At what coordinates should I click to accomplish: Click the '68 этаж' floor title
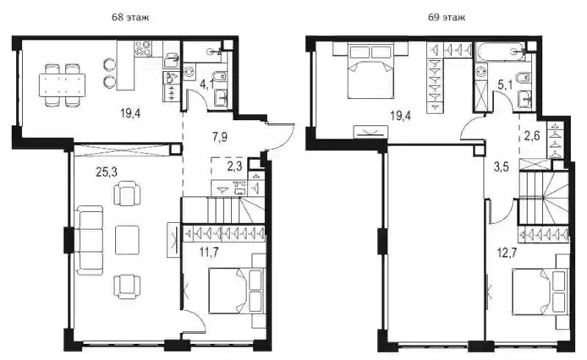[x=131, y=17]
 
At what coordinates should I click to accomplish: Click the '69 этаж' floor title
[x=447, y=17]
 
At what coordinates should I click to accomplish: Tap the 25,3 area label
[x=106, y=172]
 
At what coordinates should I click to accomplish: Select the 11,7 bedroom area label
[x=209, y=252]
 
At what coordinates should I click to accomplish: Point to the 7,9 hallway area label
[x=219, y=137]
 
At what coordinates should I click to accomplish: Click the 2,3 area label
[x=235, y=166]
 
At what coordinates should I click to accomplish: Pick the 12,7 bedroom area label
[x=507, y=253]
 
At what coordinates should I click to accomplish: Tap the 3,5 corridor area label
[x=501, y=167]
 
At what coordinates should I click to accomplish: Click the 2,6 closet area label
[x=532, y=136]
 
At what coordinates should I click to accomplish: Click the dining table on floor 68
[x=62, y=85]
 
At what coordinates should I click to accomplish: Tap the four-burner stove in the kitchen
[x=143, y=48]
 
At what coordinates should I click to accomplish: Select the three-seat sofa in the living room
[x=89, y=240]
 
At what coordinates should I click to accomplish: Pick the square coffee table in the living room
[x=127, y=240]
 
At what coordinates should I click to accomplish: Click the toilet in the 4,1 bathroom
[x=221, y=76]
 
